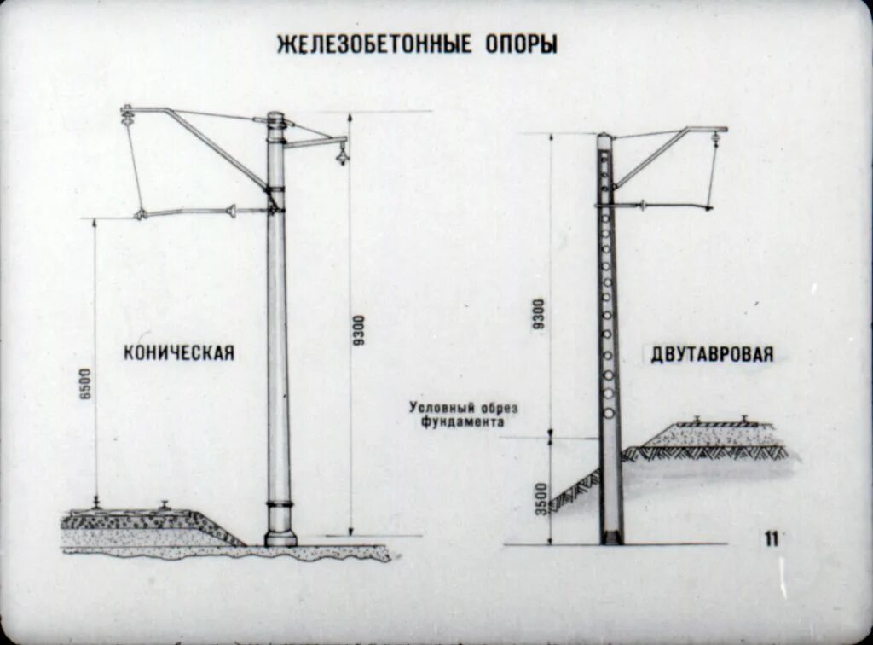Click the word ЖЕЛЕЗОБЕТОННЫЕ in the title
(374, 44)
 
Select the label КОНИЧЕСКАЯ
(178, 352)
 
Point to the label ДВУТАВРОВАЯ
(713, 354)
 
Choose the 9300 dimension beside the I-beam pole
(538, 316)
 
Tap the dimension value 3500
(539, 497)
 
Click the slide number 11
(772, 537)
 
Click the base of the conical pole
(280, 537)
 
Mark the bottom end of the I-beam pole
(611, 537)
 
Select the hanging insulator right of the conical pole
(342, 154)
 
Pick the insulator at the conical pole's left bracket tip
(129, 112)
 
